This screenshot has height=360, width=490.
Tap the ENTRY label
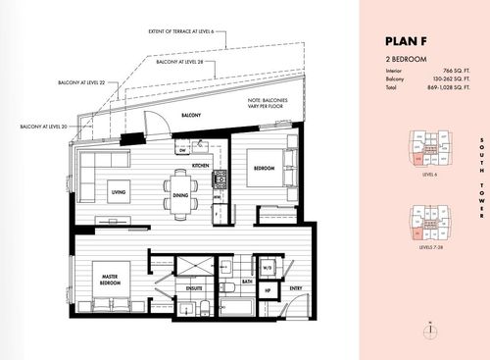pos(295,288)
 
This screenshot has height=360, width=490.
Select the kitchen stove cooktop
pos(220,180)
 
